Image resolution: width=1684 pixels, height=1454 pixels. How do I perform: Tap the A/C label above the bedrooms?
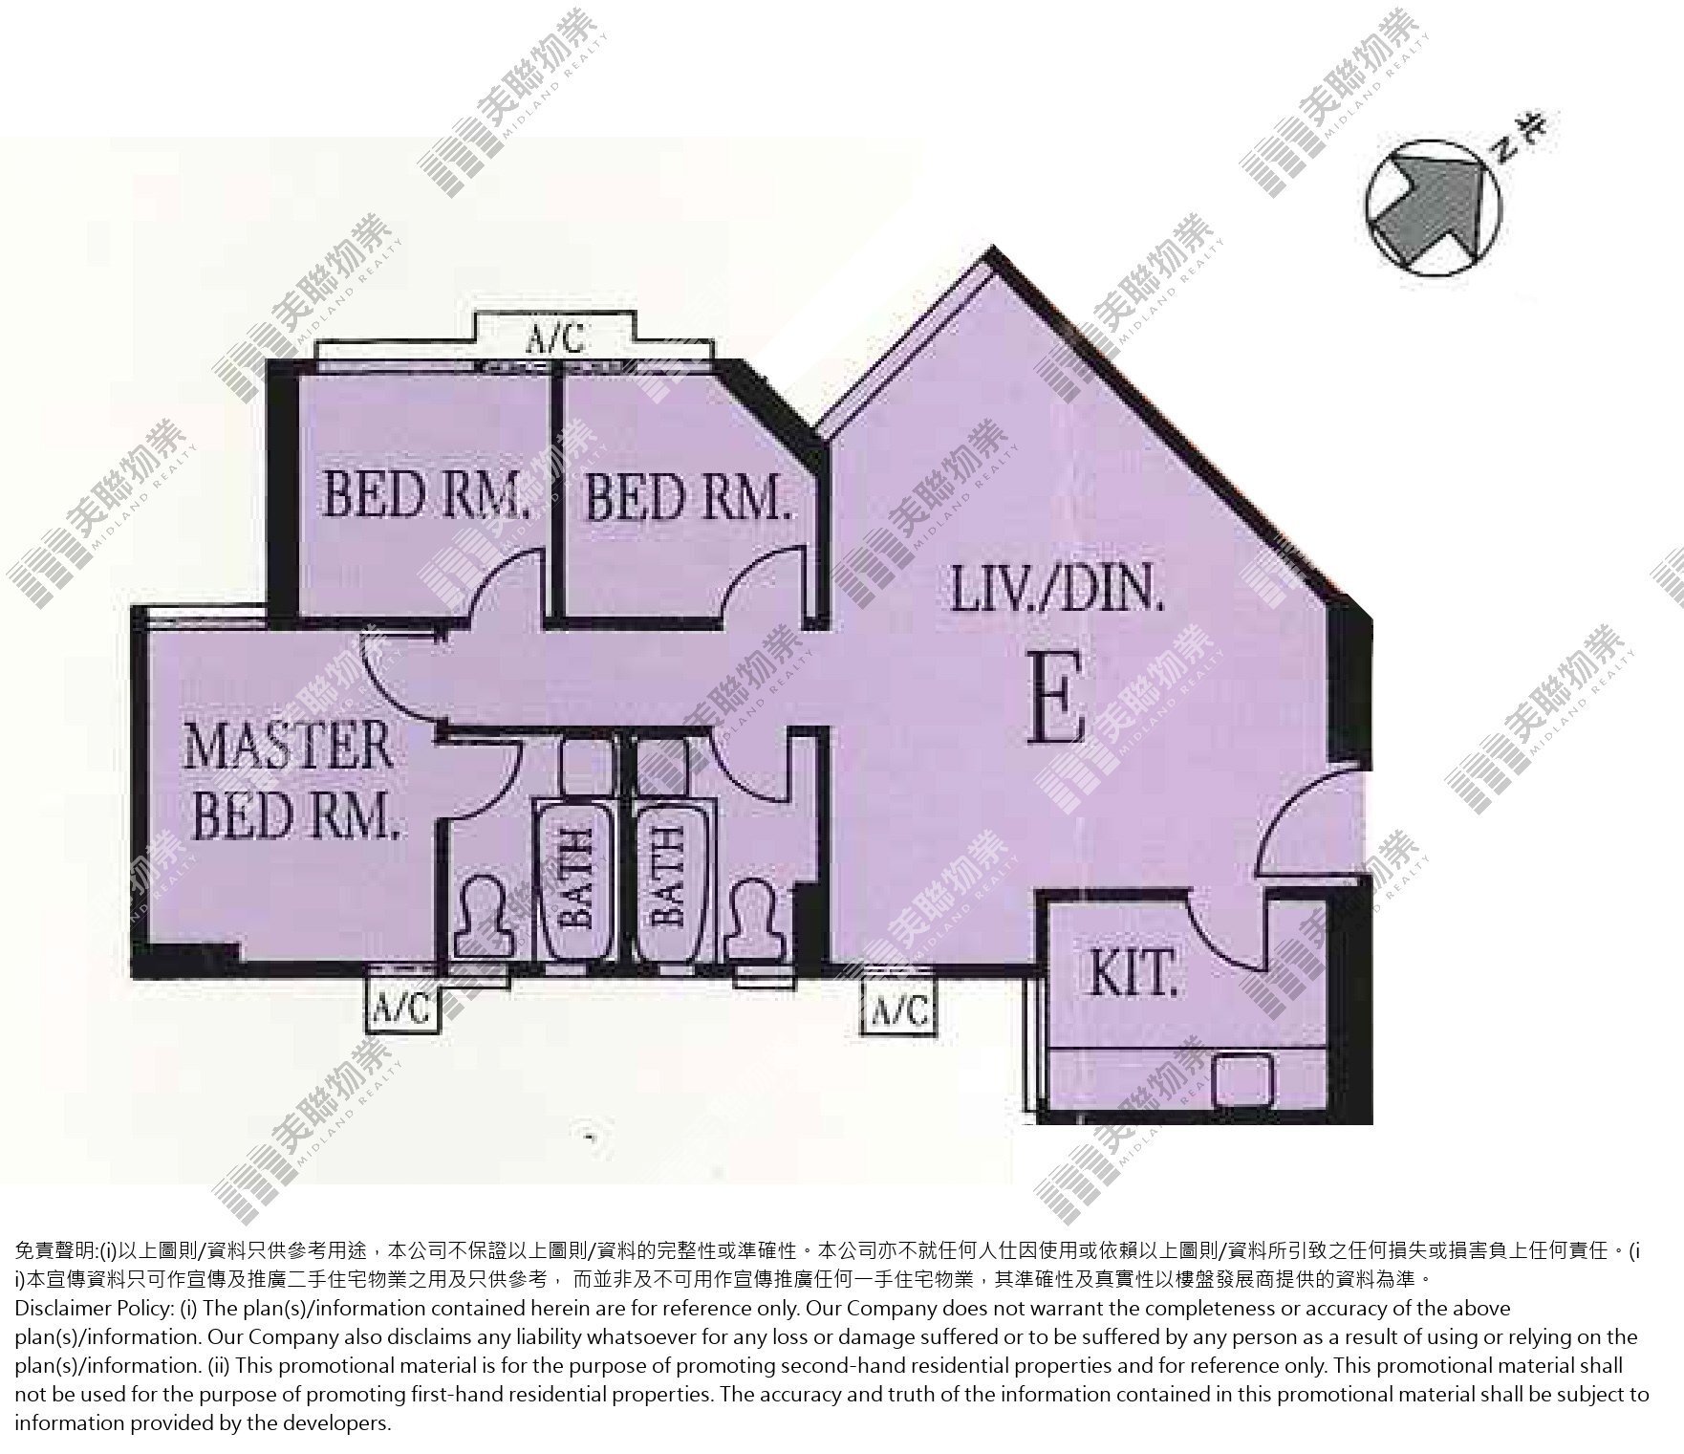(x=557, y=338)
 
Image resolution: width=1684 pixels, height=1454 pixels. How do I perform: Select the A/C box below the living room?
(x=898, y=1008)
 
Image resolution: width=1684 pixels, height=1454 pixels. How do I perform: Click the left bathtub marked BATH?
(x=575, y=880)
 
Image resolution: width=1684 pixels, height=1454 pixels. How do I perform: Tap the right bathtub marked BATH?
(x=667, y=880)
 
